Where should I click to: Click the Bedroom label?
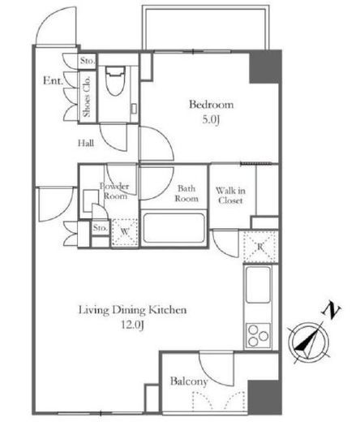pyautogui.click(x=211, y=105)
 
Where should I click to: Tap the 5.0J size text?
pyautogui.click(x=210, y=119)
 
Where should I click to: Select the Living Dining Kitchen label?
pyautogui.click(x=132, y=310)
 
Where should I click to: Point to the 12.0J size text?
pyautogui.click(x=132, y=325)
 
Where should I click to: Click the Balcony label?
pyautogui.click(x=189, y=381)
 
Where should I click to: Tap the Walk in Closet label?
pyautogui.click(x=230, y=196)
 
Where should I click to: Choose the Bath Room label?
pyautogui.click(x=186, y=193)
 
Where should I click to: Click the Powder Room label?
pyautogui.click(x=114, y=191)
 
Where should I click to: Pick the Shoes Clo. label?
pyautogui.click(x=87, y=97)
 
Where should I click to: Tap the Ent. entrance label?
pyautogui.click(x=53, y=80)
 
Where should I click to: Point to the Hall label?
pyautogui.click(x=86, y=143)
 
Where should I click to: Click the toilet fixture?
pyautogui.click(x=116, y=80)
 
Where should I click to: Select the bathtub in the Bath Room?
pyautogui.click(x=174, y=228)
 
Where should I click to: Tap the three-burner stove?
pyautogui.click(x=258, y=335)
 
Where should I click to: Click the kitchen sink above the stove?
pyautogui.click(x=258, y=284)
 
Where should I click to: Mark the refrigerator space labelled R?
pyautogui.click(x=260, y=247)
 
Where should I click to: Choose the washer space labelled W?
pyautogui.click(x=125, y=232)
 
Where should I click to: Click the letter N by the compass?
pyautogui.click(x=331, y=310)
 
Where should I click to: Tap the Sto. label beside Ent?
pyautogui.click(x=88, y=61)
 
